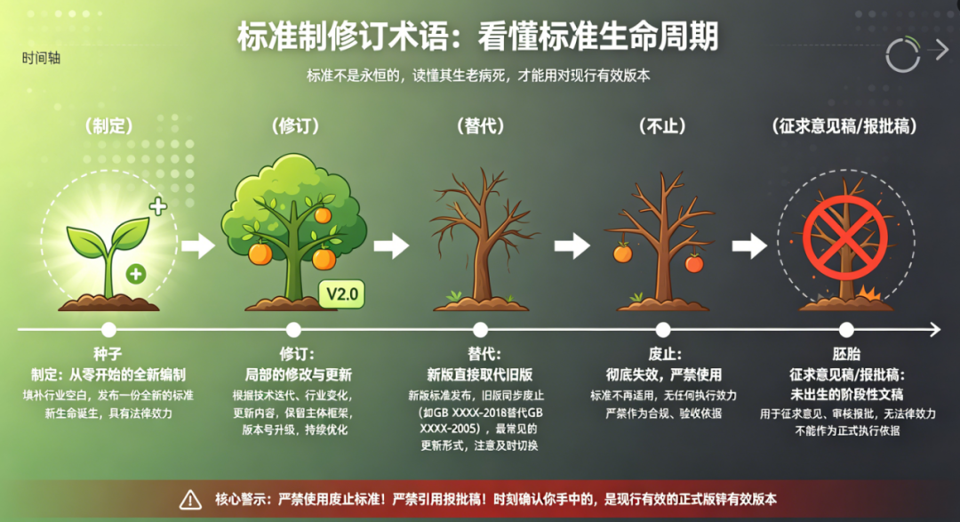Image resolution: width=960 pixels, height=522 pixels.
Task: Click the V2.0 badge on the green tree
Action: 341,294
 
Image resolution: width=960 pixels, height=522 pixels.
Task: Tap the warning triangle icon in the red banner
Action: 190,500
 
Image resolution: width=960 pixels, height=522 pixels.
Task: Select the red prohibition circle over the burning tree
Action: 845,238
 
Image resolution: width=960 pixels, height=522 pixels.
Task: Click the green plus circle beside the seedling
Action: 136,274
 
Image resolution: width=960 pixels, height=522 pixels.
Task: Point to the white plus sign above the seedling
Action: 158,206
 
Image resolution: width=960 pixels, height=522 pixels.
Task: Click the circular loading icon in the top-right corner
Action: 903,55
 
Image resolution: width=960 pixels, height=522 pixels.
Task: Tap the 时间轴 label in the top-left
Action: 41,58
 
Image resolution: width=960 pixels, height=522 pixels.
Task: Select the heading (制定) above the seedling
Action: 109,126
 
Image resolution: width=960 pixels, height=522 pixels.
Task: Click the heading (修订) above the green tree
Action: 295,126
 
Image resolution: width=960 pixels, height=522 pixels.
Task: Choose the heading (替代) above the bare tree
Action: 481,126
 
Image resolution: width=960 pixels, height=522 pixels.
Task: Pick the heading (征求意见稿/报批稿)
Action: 845,126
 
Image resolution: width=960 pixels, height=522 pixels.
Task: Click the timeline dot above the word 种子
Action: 109,330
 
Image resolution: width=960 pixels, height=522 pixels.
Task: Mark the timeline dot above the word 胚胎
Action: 846,330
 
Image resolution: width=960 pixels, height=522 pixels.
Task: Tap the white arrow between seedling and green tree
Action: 198,245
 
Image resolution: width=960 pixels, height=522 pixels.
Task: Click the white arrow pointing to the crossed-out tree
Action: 749,245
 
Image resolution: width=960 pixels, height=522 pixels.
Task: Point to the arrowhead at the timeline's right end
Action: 935,330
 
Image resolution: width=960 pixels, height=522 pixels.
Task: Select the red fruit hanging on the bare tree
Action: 694,263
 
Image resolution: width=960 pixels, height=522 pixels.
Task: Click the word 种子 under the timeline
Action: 108,354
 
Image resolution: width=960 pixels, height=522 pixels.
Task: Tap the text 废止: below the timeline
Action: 664,354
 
